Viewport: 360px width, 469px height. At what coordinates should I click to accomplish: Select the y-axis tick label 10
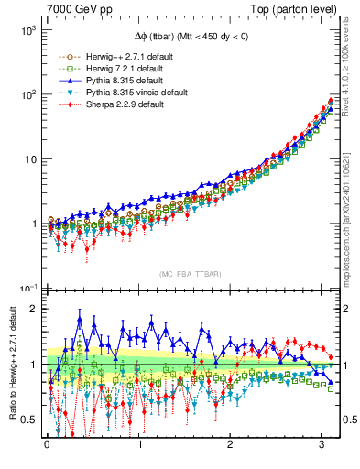coord(29,159)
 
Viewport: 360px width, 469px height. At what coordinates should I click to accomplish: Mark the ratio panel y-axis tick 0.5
coord(29,420)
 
